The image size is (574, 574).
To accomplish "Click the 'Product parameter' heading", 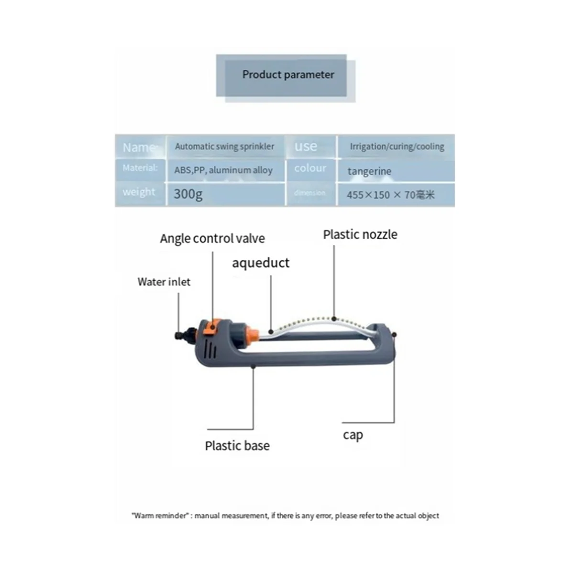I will pos(288,75).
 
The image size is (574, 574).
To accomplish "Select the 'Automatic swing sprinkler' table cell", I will pos(224,146).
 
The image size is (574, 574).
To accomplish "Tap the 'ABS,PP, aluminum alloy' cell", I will pos(223,170).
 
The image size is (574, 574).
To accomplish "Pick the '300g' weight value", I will pos(188,194).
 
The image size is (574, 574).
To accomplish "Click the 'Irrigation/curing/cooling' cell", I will pos(397,146).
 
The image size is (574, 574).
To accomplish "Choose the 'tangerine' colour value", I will pos(369,171).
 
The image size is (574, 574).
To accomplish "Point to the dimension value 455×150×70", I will pos(390,195).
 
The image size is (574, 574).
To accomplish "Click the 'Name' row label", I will pos(139,147).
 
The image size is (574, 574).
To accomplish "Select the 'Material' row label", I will pos(140,168).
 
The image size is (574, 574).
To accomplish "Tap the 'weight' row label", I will pos(139,192).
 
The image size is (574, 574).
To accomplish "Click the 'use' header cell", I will pos(306,146).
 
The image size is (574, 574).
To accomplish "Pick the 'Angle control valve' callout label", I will pos(212,238).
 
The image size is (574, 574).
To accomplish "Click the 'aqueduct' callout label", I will pos(261,263).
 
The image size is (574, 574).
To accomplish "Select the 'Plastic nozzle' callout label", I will pos(360,234).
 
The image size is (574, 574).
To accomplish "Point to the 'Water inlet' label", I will pos(164,282).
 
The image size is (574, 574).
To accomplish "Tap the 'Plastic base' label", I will pos(237,446).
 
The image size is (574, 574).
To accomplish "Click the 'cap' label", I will pos(353,435).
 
